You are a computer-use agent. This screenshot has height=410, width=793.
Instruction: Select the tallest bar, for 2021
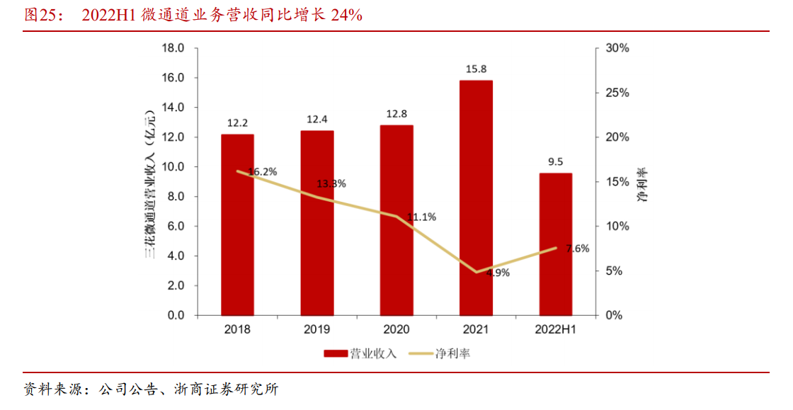(476, 198)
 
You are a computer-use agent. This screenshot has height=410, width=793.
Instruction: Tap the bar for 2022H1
(555, 244)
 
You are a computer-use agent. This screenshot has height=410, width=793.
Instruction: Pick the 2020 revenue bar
(396, 220)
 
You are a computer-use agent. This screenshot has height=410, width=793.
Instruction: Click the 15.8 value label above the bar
(476, 69)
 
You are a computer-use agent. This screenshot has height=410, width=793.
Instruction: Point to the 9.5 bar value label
(555, 161)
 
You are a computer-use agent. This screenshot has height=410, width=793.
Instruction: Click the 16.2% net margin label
(263, 171)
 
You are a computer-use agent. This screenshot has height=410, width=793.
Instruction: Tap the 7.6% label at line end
(577, 248)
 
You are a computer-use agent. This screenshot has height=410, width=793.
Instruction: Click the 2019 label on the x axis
(316, 330)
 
